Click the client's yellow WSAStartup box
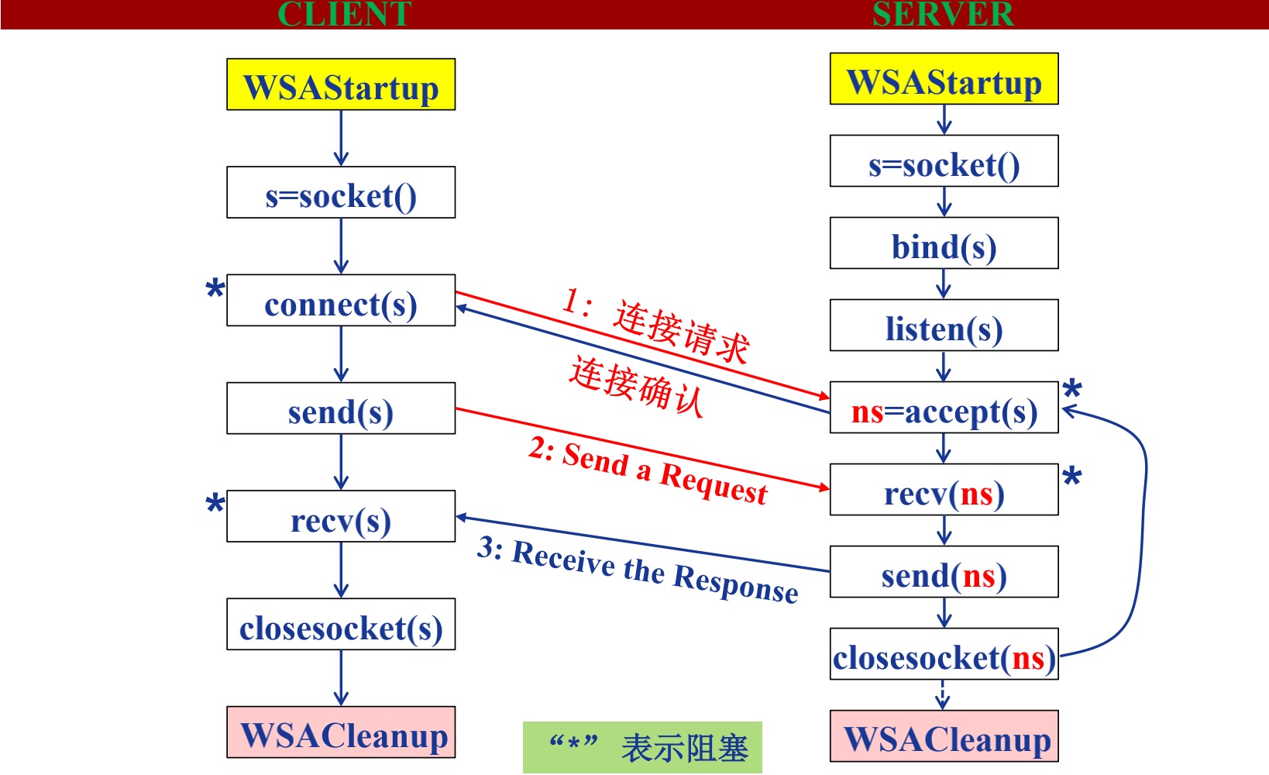tap(341, 84)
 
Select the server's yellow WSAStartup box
tap(944, 79)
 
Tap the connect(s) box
tap(341, 301)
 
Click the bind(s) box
tap(944, 243)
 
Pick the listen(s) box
tap(944, 325)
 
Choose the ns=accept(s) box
tap(944, 408)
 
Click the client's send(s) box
tap(341, 408)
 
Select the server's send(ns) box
tap(944, 572)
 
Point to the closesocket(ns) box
tap(944, 654)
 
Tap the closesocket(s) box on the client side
tap(341, 624)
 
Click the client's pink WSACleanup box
tap(341, 732)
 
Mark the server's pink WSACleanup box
tap(944, 736)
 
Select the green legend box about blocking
tap(642, 747)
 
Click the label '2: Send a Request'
tap(648, 471)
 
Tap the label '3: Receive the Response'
tap(638, 570)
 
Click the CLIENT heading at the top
tap(344, 14)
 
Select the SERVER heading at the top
tap(943, 14)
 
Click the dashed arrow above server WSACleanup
tap(943, 694)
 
